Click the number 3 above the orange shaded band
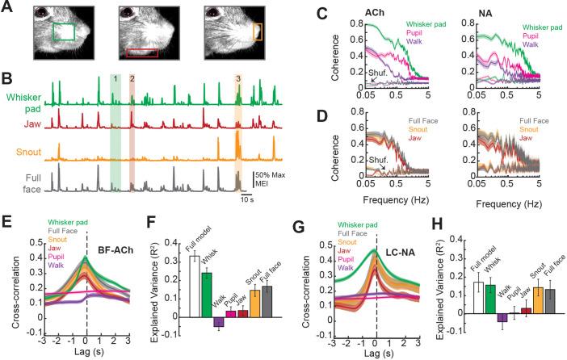[x=237, y=79]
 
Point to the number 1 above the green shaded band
[x=115, y=79]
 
